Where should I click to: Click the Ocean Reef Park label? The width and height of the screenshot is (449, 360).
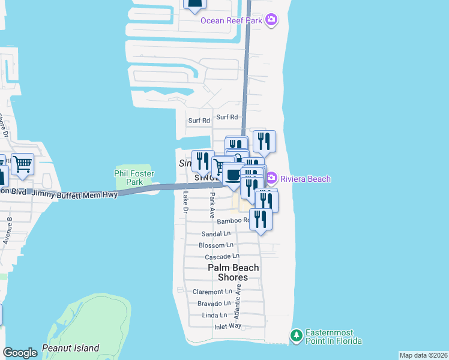[x=231, y=21]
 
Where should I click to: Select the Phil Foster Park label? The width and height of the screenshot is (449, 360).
[x=134, y=178]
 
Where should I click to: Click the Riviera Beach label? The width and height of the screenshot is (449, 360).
[x=304, y=179]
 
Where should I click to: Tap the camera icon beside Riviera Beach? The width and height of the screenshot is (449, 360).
[x=271, y=178]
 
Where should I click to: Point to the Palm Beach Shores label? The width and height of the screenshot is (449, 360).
[x=234, y=272]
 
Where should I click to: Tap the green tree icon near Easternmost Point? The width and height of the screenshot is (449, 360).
[x=295, y=334]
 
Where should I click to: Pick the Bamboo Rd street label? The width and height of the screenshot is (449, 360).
[x=232, y=221]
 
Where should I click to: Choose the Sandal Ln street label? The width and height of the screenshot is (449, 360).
[x=216, y=233]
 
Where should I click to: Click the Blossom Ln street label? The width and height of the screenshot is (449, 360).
[x=216, y=245]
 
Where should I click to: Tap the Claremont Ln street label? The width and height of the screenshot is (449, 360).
[x=212, y=292]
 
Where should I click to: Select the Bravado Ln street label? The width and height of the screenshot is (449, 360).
[x=214, y=304]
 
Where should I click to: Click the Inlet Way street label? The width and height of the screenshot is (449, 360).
[x=228, y=326]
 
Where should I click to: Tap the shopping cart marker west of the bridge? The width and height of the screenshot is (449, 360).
[x=22, y=163]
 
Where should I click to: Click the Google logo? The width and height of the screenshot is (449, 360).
[x=20, y=353]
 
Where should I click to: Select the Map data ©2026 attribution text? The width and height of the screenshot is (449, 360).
[x=423, y=355]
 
